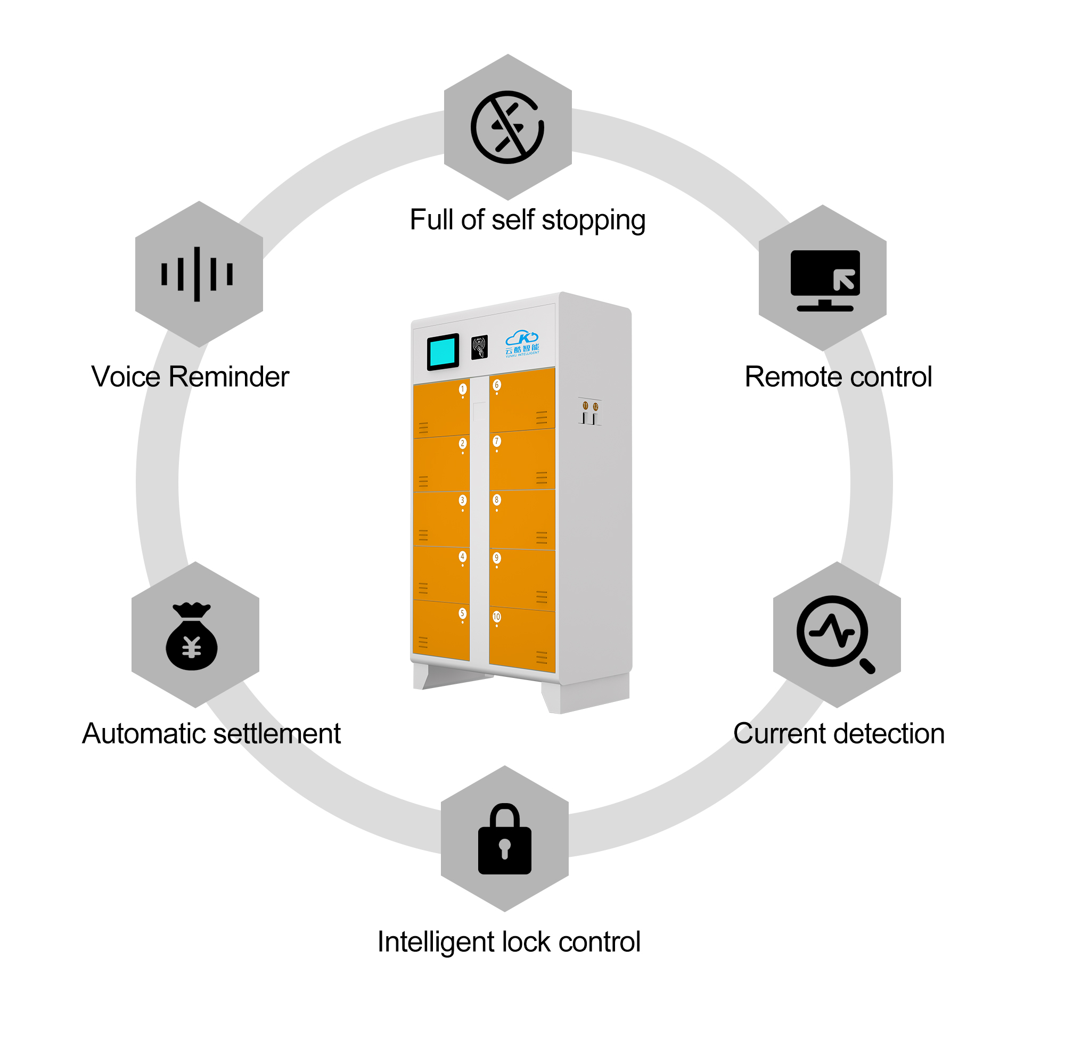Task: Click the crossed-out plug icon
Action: tap(507, 127)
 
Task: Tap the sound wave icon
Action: tap(197, 274)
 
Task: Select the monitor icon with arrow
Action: tap(825, 281)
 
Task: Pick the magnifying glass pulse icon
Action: tap(835, 634)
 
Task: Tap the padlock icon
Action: tap(505, 839)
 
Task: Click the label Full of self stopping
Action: tap(528, 220)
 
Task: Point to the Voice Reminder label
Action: tap(190, 377)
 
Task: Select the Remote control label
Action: tap(838, 377)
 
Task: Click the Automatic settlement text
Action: tap(211, 733)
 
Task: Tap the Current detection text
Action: tap(839, 733)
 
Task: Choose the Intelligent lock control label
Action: tap(509, 942)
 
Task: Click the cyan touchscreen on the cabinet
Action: tap(443, 352)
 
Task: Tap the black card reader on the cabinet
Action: tap(479, 347)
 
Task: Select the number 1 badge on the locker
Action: tap(463, 389)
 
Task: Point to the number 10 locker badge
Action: tap(496, 617)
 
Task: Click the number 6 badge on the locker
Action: tap(496, 384)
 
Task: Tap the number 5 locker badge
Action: tap(462, 613)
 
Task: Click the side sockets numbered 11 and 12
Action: tap(590, 412)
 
